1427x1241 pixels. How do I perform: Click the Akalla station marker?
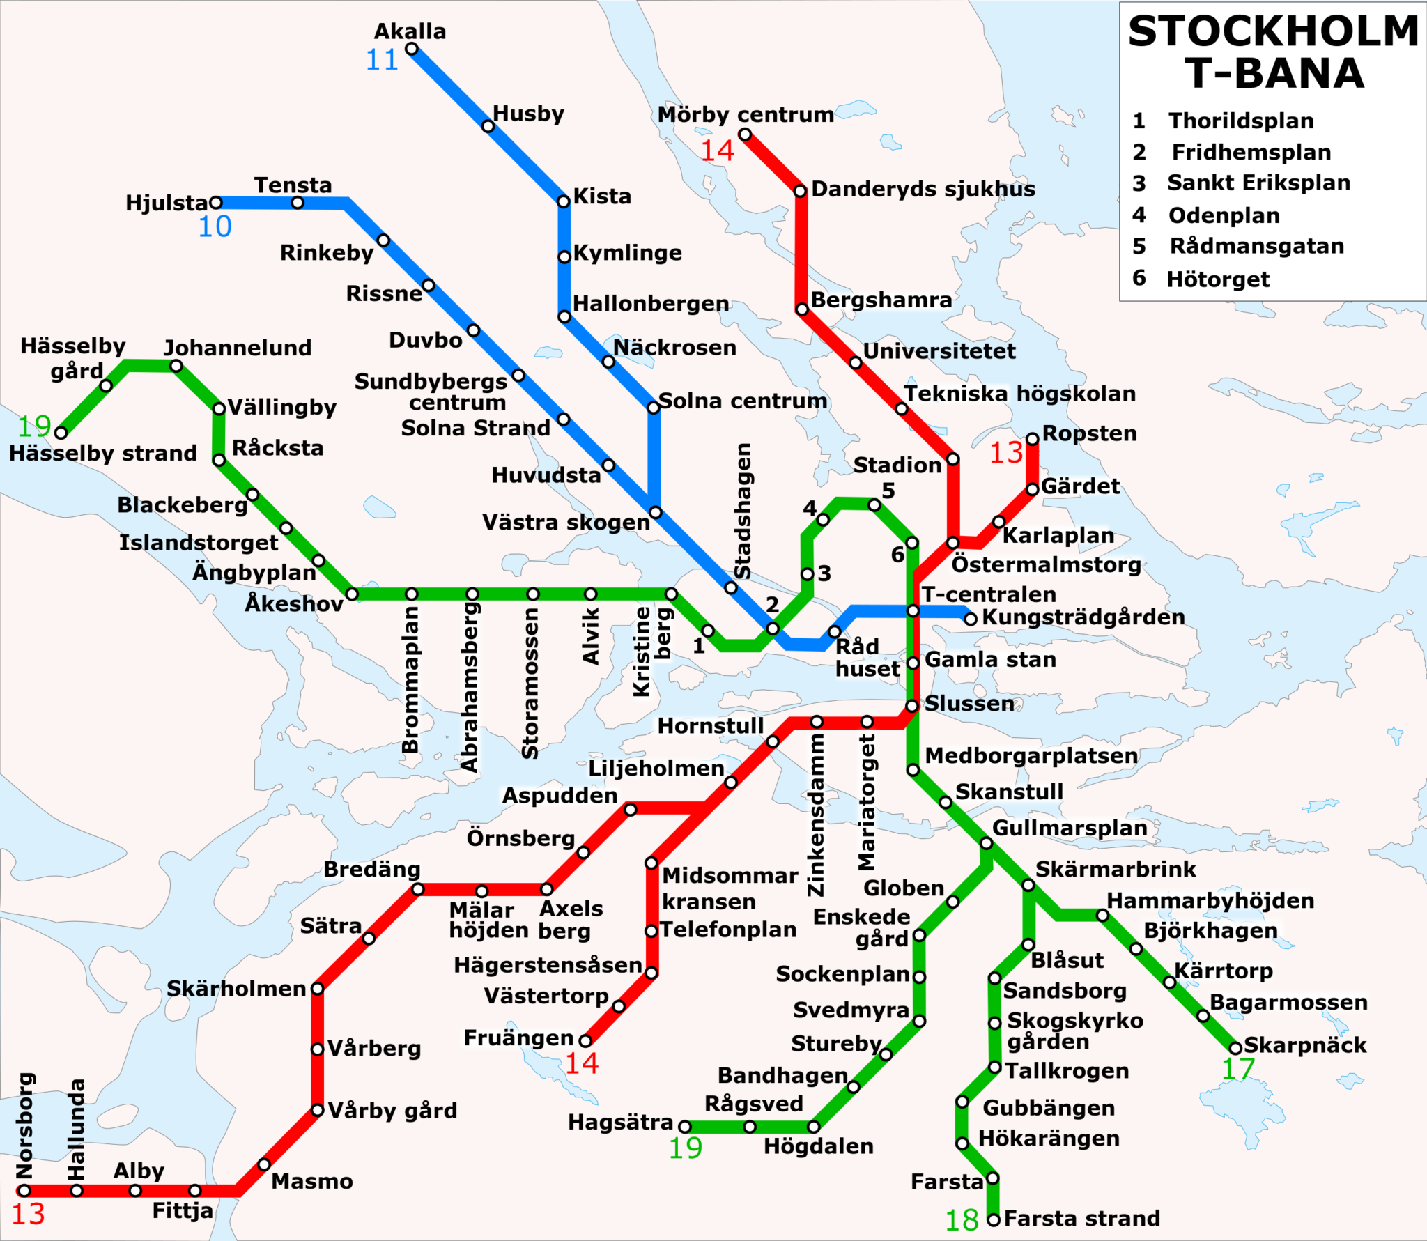click(412, 49)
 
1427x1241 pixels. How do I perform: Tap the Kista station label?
click(602, 196)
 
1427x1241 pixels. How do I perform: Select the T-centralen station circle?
click(913, 611)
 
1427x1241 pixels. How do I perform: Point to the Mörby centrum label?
click(746, 114)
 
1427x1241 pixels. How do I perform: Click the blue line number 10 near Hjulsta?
click(215, 227)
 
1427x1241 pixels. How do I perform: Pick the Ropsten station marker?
click(1032, 438)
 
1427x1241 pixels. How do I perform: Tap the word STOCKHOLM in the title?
click(1273, 32)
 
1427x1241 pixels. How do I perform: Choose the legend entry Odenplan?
click(1224, 215)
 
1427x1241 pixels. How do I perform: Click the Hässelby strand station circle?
click(61, 433)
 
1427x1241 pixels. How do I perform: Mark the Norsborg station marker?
click(24, 1190)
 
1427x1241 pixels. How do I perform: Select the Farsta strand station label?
click(1082, 1218)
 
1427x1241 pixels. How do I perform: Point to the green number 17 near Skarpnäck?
click(1238, 1069)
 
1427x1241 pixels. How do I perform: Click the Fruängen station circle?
click(585, 1041)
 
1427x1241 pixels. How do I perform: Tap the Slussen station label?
click(969, 704)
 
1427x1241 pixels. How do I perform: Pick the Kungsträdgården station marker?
click(970, 619)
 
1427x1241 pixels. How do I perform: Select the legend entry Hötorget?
click(1218, 279)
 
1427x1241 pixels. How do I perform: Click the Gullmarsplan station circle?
click(986, 844)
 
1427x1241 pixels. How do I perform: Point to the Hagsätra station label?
click(620, 1122)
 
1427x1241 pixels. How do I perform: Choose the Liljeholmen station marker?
click(730, 783)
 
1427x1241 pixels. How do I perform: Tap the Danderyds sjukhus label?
click(923, 189)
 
